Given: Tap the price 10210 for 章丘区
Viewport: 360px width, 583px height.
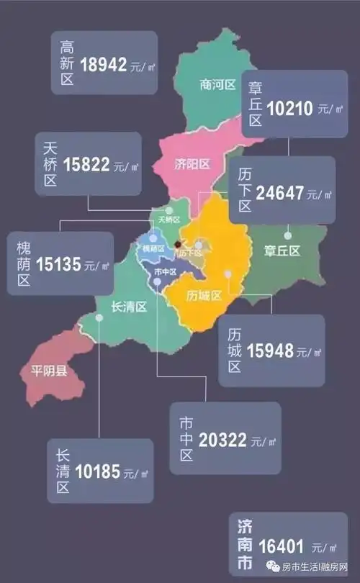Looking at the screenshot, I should pos(289,109).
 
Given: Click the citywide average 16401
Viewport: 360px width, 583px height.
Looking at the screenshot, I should pos(282,546).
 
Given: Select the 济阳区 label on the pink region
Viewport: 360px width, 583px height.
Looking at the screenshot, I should pos(192,164).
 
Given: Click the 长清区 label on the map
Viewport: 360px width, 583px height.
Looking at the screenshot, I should pos(129,307).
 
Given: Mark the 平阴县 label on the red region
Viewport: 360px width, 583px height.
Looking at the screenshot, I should pos(49,371).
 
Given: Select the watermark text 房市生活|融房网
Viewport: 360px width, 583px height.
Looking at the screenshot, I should pos(315,567).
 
